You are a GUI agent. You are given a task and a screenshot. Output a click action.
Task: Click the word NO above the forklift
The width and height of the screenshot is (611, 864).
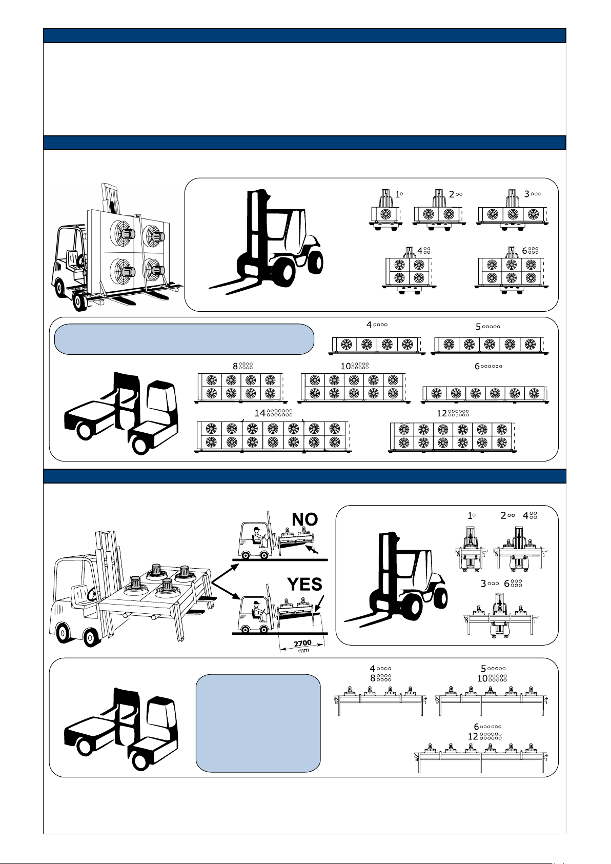pos(304,519)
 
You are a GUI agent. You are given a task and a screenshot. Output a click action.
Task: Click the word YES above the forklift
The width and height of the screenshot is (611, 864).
pos(304,584)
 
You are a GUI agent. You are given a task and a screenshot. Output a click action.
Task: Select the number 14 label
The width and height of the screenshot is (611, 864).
pos(260,413)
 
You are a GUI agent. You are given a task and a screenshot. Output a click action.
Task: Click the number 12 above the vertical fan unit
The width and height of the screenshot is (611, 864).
pos(441,413)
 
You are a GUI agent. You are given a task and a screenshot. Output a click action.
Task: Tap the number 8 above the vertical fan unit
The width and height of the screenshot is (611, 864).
pos(235,366)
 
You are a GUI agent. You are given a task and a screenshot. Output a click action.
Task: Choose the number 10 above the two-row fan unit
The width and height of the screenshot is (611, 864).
pos(345,366)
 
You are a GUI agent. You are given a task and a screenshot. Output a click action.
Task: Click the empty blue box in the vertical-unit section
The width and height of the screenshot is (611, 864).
pos(184,339)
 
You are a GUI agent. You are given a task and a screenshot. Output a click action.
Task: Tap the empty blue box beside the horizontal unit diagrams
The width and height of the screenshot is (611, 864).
pos(258,722)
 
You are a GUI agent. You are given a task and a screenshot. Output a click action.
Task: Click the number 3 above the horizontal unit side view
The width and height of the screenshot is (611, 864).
pos(483,584)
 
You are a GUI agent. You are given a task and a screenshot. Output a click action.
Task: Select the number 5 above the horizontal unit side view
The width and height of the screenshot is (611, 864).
pos(483,669)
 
